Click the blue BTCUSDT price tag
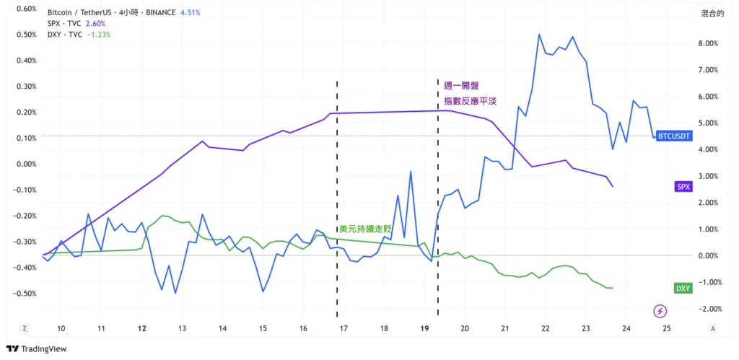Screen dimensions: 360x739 [x=674, y=136]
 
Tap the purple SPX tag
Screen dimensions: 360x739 [x=683, y=186]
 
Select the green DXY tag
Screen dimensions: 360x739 [x=683, y=289]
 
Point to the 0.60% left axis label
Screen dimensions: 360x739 [x=26, y=9]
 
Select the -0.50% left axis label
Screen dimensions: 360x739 [x=26, y=294]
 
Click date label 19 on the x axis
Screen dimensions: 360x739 [x=425, y=328]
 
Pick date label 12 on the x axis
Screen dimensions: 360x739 [x=142, y=328]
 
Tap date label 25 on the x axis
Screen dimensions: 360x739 [x=667, y=328]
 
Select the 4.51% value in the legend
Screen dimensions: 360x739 [x=190, y=13]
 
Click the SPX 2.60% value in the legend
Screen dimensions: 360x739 [x=95, y=24]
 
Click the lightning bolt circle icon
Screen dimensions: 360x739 [x=660, y=312]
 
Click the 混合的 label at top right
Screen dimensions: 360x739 [x=712, y=13]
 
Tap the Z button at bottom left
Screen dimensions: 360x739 [x=25, y=328]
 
